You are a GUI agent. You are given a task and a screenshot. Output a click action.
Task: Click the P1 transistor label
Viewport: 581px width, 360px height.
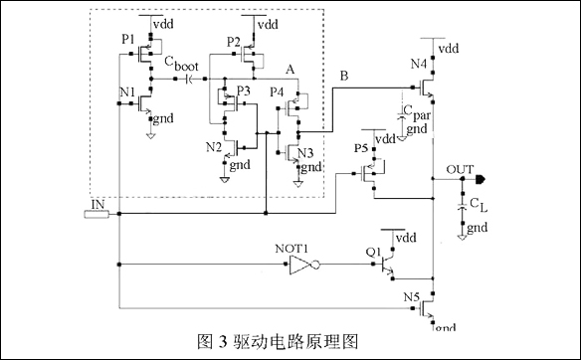127,39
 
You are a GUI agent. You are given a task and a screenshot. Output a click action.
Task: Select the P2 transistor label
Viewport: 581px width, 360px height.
234,41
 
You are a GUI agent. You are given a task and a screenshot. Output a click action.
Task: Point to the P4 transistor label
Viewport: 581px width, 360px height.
278,91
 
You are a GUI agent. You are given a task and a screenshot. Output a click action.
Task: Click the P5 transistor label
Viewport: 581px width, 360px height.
361,149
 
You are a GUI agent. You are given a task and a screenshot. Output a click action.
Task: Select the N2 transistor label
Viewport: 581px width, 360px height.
213,146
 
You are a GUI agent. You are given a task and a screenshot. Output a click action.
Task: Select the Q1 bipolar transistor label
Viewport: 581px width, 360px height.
374,252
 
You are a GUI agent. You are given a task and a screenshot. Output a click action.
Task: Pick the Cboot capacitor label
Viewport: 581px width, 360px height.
183,68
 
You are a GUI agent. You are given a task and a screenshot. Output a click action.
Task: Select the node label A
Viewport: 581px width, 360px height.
290,70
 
